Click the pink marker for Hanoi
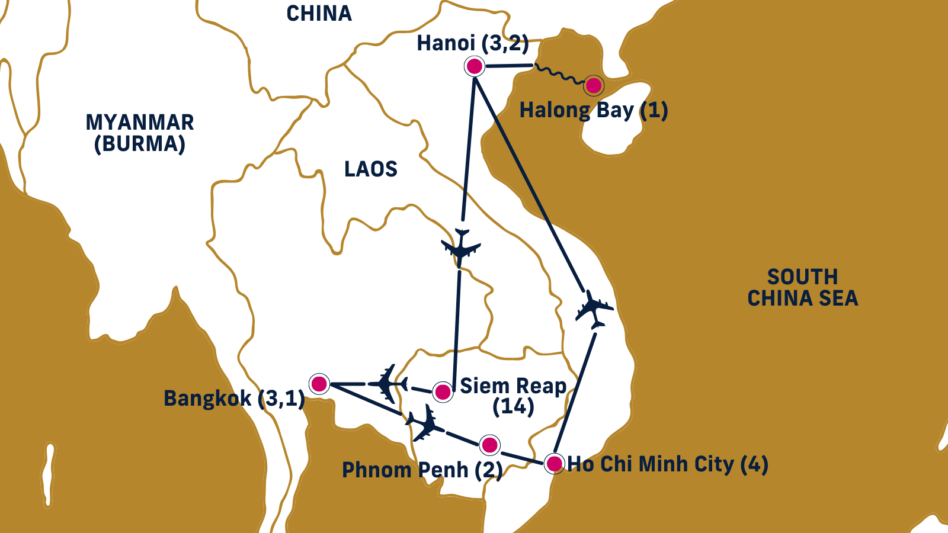[474, 66]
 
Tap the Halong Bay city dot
[593, 86]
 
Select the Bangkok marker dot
[319, 384]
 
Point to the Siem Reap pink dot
[443, 391]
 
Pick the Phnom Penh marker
[489, 445]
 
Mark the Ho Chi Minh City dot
[554, 463]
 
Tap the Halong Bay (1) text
[593, 110]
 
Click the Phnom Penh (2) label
[422, 470]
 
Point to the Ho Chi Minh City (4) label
[668, 464]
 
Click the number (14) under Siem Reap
[513, 407]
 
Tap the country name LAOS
[371, 169]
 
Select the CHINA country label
[319, 14]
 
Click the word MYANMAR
[140, 123]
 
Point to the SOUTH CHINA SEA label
[802, 287]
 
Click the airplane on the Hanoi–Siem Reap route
[460, 247]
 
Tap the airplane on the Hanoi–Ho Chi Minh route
[594, 309]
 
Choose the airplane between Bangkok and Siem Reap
[388, 384]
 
